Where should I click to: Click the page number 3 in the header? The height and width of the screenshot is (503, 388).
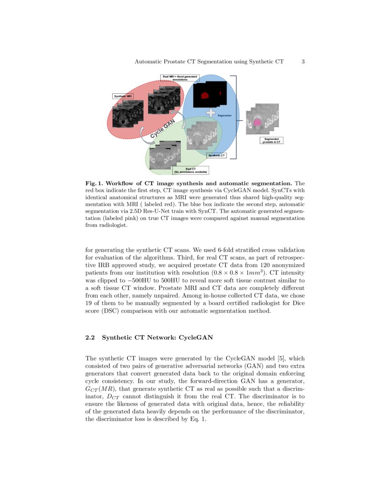click(303, 61)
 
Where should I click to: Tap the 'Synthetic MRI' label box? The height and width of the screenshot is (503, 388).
click(123, 96)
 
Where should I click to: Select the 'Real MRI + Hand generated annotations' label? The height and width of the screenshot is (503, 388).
click(180, 78)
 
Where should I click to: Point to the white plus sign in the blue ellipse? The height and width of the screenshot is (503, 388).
click(210, 112)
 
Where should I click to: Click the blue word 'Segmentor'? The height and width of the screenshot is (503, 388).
click(225, 116)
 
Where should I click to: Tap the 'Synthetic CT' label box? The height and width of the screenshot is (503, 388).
click(217, 156)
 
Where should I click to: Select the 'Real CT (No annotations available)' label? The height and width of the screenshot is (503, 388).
click(191, 171)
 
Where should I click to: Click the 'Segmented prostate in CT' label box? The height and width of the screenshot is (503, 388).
click(272, 140)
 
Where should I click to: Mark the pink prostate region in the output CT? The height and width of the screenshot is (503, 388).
click(257, 122)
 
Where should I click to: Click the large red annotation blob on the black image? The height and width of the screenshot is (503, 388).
click(204, 96)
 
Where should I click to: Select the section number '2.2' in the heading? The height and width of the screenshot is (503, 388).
click(90, 338)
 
